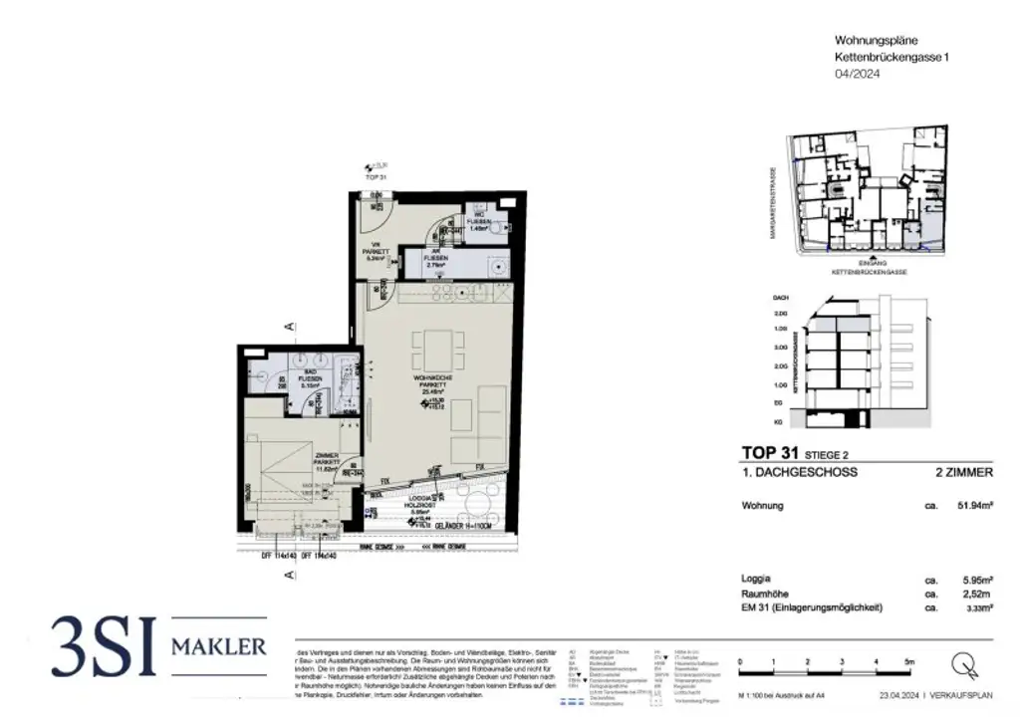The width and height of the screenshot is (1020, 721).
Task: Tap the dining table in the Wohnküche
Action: tap(438, 349)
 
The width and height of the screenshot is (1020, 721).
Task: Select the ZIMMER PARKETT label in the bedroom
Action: tap(327, 460)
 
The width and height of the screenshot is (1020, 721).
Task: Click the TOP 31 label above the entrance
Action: tap(376, 176)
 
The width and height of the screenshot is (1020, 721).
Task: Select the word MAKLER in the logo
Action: tap(219, 647)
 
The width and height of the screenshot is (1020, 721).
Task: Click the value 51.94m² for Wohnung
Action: tap(974, 506)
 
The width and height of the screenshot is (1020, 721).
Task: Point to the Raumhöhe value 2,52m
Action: tap(975, 592)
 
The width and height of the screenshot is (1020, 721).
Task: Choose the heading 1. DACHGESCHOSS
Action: tap(800, 472)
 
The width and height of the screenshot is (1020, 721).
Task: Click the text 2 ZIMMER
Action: tap(966, 472)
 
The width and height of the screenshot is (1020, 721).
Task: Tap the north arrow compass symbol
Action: tap(963, 663)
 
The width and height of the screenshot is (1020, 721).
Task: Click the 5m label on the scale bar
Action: tap(908, 661)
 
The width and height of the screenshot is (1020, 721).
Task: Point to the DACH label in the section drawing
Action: tap(780, 298)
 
